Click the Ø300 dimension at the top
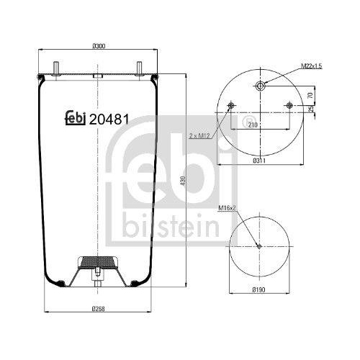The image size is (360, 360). [99, 47]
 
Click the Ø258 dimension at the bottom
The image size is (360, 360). [99, 309]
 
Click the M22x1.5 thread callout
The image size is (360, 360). [311, 67]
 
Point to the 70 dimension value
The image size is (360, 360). [310, 94]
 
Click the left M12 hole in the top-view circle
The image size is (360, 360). [230, 107]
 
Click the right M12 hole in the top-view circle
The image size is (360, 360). [289, 107]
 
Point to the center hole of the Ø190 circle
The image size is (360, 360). [259, 246]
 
